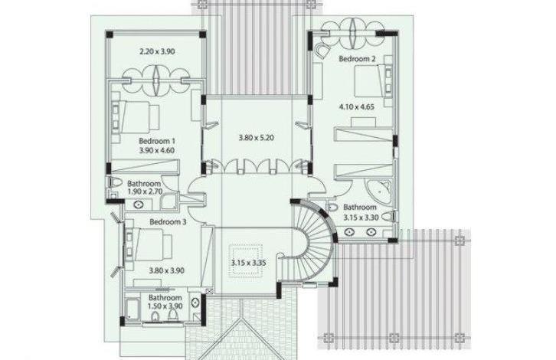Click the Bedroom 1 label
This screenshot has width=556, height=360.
click(x=157, y=141)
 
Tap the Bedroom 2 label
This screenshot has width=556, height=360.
click(x=357, y=59)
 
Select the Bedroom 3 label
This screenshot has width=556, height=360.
click(x=168, y=222)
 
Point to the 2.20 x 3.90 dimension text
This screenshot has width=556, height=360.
click(x=157, y=51)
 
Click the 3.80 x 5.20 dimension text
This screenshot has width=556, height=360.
click(x=256, y=138)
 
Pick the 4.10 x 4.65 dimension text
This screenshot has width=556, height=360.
click(x=356, y=106)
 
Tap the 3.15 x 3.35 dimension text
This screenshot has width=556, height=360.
click(x=249, y=263)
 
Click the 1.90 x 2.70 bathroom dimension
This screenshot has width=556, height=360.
click(x=145, y=192)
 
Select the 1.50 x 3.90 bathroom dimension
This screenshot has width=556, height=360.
click(x=165, y=306)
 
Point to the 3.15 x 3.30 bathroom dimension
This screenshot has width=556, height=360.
click(x=361, y=218)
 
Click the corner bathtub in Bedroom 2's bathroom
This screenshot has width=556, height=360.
click(x=378, y=192)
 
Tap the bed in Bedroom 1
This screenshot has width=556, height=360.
click(x=136, y=116)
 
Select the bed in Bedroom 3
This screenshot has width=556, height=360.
click(x=149, y=244)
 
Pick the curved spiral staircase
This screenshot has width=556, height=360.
click(x=312, y=241)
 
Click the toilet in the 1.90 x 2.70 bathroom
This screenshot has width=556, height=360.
click(x=114, y=182)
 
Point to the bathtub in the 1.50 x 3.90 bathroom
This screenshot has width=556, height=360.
click(x=133, y=309)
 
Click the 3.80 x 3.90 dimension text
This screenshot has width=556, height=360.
click(x=167, y=270)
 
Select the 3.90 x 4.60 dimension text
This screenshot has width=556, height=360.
click(x=157, y=150)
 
